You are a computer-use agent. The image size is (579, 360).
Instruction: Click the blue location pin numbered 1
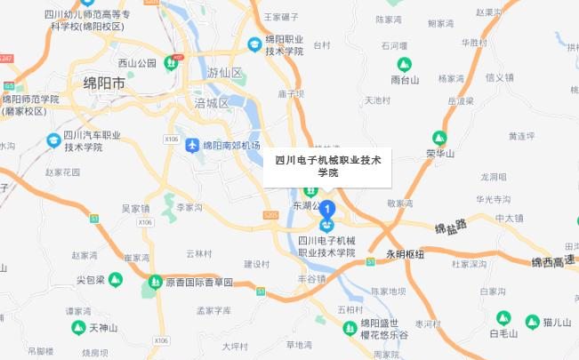(327, 211)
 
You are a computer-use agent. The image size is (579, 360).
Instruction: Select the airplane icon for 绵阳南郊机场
(192, 144)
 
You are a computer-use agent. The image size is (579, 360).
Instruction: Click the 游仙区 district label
(224, 72)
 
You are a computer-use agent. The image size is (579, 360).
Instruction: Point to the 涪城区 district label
(212, 103)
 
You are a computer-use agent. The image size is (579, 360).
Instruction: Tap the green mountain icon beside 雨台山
(405, 65)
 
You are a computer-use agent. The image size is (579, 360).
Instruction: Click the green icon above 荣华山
(438, 138)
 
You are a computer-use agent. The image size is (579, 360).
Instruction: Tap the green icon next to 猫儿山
(533, 321)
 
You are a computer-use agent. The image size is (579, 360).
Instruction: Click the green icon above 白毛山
(503, 317)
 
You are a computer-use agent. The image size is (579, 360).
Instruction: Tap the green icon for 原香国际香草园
(155, 282)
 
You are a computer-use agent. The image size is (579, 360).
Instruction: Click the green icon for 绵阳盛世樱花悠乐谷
(350, 329)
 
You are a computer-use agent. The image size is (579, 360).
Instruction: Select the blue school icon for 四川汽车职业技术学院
(53, 140)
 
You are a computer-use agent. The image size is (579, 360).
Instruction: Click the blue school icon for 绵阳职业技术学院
(254, 42)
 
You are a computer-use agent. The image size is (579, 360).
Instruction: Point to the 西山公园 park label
(137, 63)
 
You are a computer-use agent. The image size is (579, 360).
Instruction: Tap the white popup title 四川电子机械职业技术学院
(327, 166)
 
